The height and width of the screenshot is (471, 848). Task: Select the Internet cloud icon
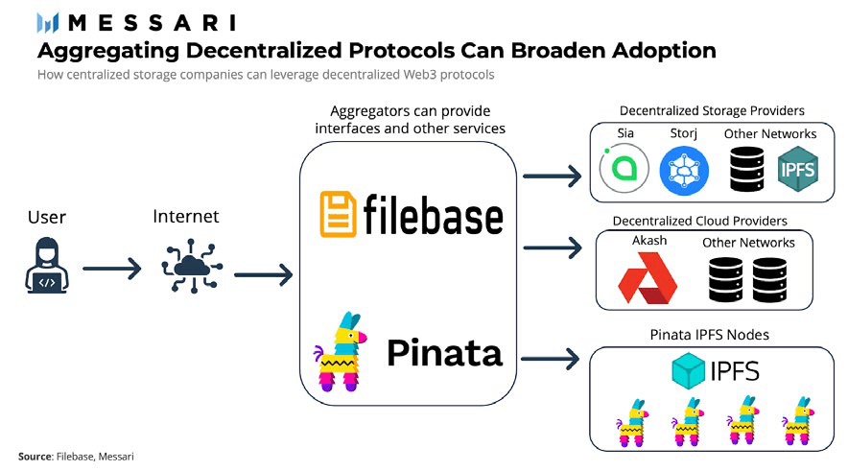point(185,265)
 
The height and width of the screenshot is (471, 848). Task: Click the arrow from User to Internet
point(112,270)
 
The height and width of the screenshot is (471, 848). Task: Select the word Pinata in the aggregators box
point(444,353)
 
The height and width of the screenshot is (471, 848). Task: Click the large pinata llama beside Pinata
point(342,351)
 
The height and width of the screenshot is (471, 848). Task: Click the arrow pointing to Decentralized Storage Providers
point(553,176)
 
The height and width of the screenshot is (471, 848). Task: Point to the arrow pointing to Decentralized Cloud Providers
point(553,248)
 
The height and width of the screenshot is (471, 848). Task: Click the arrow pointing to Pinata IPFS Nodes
point(553,359)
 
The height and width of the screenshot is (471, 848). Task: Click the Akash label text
point(649,241)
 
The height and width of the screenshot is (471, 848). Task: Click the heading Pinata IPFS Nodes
point(709,335)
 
